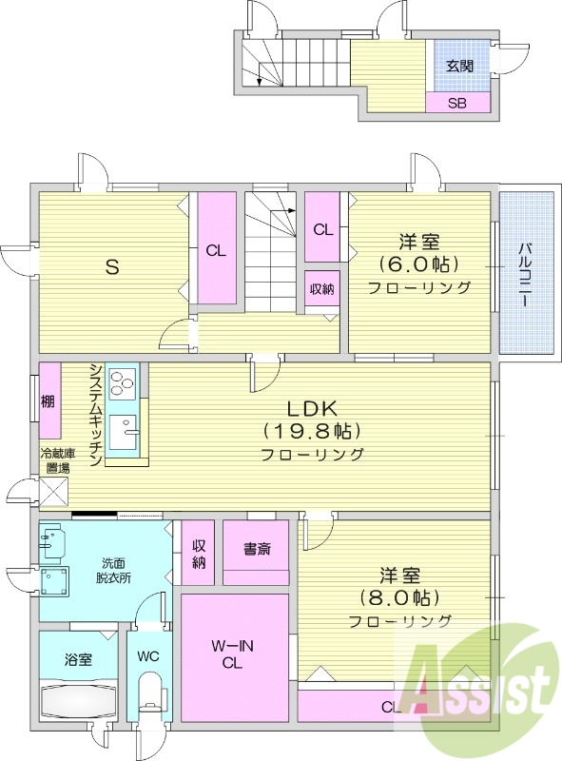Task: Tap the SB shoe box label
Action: (458, 103)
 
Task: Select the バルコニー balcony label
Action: (525, 274)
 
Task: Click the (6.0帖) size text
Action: (418, 263)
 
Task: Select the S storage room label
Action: (111, 267)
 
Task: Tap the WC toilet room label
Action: (147, 656)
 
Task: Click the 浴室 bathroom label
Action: (79, 658)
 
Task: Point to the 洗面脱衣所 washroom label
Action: (113, 570)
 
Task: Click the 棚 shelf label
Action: (48, 402)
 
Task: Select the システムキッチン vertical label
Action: (96, 414)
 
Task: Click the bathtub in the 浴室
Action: (78, 700)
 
